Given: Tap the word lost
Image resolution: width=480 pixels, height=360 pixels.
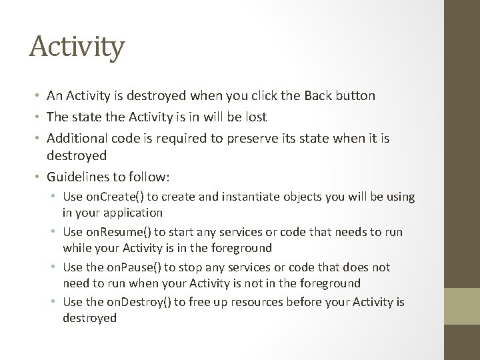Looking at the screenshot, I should (x=254, y=117).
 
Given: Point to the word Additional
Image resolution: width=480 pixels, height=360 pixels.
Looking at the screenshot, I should (x=77, y=138).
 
